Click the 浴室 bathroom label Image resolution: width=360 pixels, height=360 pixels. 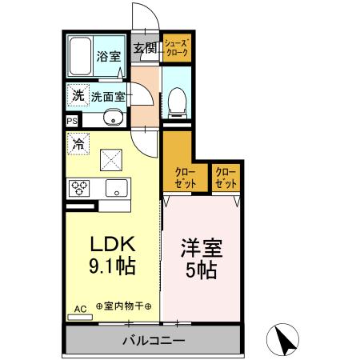point(108,56)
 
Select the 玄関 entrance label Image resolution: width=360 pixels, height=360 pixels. point(145,47)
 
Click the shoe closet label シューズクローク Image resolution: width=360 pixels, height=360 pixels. point(175,47)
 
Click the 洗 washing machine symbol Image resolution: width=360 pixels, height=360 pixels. point(78,95)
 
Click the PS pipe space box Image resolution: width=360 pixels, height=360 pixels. point(72,121)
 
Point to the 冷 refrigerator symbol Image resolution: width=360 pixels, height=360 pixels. point(78,145)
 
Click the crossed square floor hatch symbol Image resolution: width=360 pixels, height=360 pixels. point(110,159)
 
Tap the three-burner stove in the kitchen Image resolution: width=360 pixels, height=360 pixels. point(79,189)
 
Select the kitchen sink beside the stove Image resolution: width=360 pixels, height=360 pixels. point(114,190)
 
